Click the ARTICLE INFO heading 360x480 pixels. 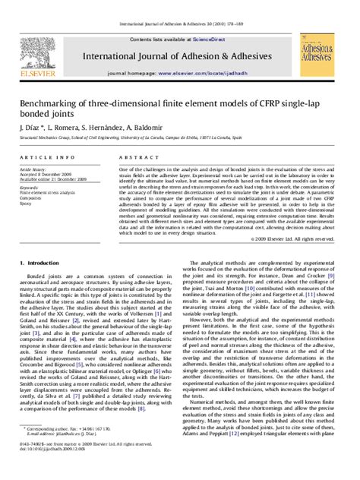pyautogui.click(x=48, y=156)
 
